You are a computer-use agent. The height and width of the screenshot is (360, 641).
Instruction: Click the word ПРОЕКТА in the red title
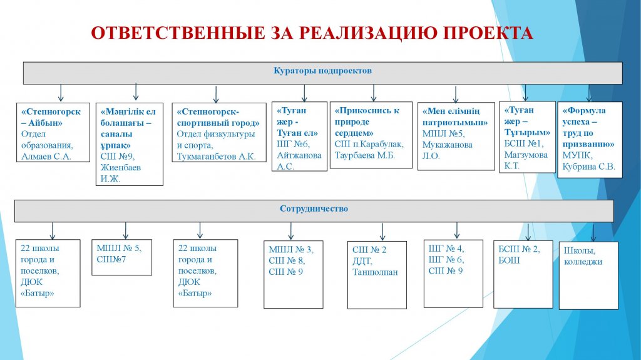pyautogui.click(x=488, y=33)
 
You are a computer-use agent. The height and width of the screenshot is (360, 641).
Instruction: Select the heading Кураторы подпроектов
pyautogui.click(x=322, y=70)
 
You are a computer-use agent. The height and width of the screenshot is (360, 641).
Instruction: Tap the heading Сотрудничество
pyautogui.click(x=314, y=208)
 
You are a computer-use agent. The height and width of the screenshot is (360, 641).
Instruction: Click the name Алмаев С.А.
pyautogui.click(x=46, y=157)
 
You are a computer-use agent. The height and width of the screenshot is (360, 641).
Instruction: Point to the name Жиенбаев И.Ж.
pyautogui.click(x=121, y=173)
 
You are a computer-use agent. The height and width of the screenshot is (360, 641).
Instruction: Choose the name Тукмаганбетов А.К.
pyautogui.click(x=216, y=157)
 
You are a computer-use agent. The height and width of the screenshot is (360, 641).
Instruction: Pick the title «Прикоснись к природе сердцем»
pyautogui.click(x=367, y=121)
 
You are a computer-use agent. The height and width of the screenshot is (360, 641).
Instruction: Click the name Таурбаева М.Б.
pyautogui.click(x=365, y=155)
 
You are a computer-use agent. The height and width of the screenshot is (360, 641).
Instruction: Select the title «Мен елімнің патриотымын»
pyautogui.click(x=455, y=116)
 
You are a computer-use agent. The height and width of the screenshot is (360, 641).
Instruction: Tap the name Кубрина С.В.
pyautogui.click(x=588, y=167)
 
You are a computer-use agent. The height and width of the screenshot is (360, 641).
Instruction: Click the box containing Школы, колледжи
pyautogui.click(x=588, y=275)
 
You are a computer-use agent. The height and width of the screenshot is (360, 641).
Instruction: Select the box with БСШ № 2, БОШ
pyautogui.click(x=523, y=274)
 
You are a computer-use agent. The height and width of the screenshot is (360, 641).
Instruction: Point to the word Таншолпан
pyautogui.click(x=376, y=272)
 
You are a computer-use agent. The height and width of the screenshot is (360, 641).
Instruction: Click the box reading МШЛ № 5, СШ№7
pyautogui.click(x=122, y=257)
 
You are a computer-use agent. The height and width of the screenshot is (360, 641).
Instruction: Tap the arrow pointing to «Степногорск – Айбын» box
pyautogui.click(x=61, y=93)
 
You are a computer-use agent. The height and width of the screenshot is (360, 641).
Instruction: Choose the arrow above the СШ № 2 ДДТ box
pyautogui.click(x=382, y=232)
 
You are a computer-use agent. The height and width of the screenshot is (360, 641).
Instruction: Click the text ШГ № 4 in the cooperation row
pyautogui.click(x=446, y=249)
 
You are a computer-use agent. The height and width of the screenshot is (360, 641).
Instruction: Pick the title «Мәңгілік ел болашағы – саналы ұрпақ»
pyautogui.click(x=128, y=128)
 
